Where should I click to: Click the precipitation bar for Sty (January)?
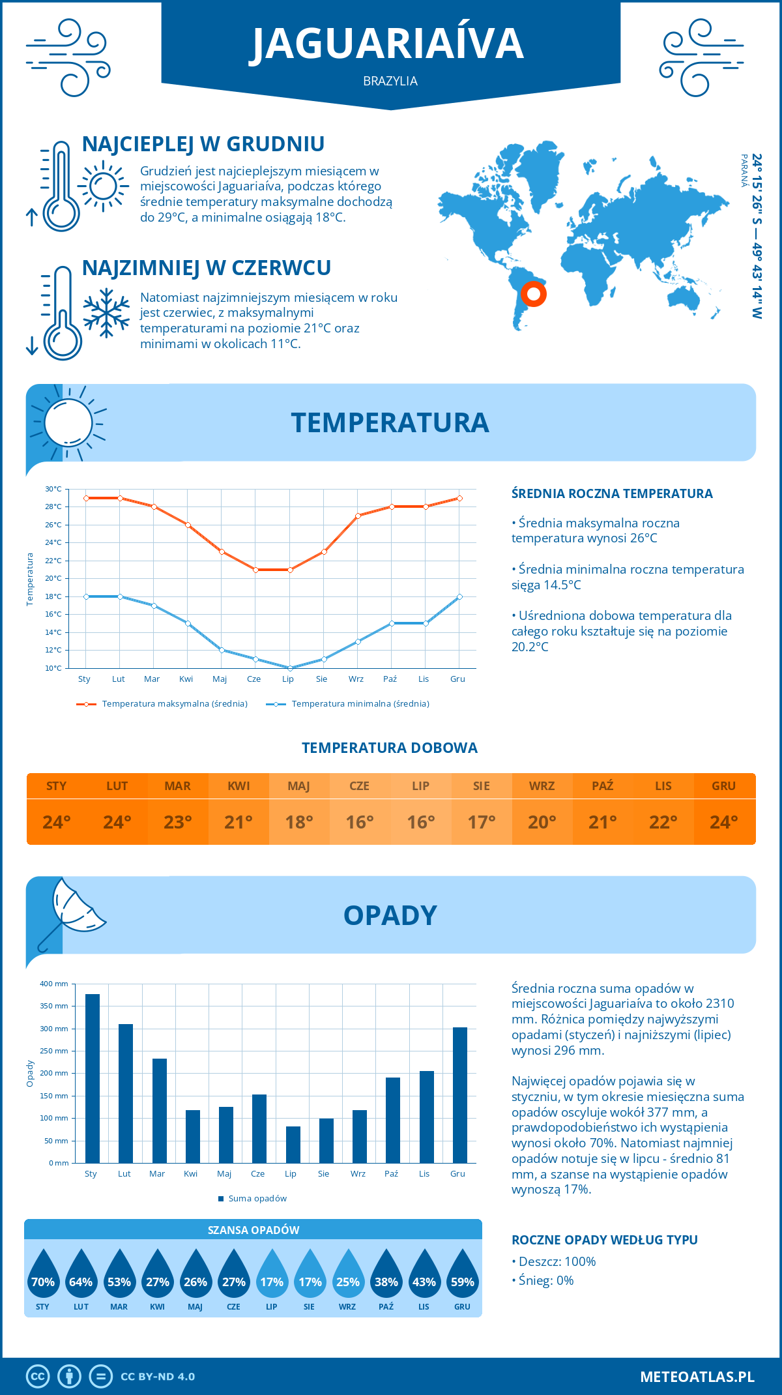pyautogui.click(x=93, y=1078)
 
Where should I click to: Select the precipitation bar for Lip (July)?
pyautogui.click(x=293, y=1145)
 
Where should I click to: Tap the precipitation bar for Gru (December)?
pyautogui.click(x=460, y=1095)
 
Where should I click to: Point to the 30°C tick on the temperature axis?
pyautogui.click(x=53, y=489)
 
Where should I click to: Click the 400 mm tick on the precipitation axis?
pyautogui.click(x=54, y=984)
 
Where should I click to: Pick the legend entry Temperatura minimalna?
pyautogui.click(x=349, y=704)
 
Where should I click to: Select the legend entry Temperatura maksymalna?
pyautogui.click(x=163, y=704)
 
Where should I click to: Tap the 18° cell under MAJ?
pyautogui.click(x=299, y=822)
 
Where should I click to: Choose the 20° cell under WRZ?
pyautogui.click(x=542, y=822)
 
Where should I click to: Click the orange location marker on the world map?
pyautogui.click(x=534, y=294)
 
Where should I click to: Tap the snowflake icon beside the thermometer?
pyautogui.click(x=106, y=313)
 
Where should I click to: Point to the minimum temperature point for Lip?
pyautogui.click(x=290, y=668)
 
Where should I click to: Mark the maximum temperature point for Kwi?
pyautogui.click(x=188, y=525)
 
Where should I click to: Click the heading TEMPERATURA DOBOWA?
pyautogui.click(x=390, y=748)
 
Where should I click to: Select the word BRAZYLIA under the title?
pyautogui.click(x=390, y=81)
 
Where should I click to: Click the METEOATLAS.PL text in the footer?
pyautogui.click(x=697, y=1377)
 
